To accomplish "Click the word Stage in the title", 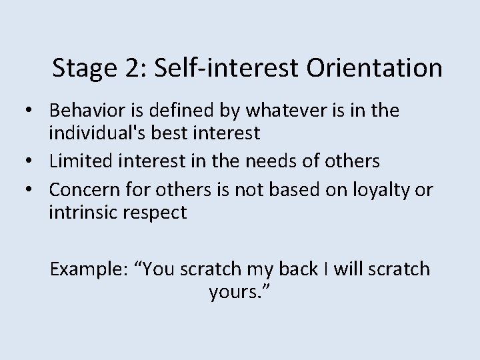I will pos(82,69).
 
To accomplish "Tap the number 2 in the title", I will pos(127,69).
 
